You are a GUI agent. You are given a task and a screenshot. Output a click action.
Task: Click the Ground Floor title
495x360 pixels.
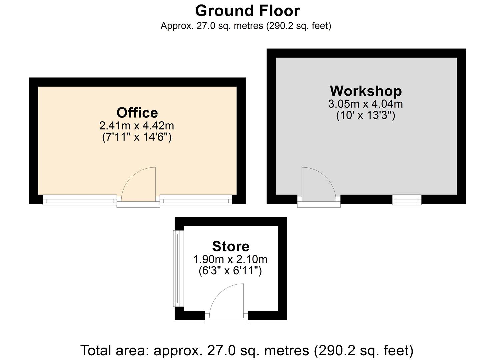coord(247,11)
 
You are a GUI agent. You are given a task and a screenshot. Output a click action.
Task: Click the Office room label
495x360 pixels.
coord(137,113)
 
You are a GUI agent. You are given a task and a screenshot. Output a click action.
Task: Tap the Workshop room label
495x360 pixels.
coord(366,91)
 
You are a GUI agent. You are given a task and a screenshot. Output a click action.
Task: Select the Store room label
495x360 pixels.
coord(230,246)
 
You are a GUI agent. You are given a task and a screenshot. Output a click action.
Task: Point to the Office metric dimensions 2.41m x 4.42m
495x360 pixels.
coord(137,126)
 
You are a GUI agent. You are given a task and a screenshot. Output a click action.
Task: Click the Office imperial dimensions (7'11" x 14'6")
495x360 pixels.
coord(137,137)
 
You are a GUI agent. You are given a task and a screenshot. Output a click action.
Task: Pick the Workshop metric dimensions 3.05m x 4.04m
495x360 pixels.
coord(365,104)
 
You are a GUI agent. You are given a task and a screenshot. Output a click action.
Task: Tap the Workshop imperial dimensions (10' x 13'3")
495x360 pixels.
coord(365,115)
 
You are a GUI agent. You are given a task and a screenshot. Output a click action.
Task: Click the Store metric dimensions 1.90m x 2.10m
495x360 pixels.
coord(230,259)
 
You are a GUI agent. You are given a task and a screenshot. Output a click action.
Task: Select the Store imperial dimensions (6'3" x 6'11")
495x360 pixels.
coord(230,270)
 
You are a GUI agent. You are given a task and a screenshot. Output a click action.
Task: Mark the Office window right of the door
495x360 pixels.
coord(196,200)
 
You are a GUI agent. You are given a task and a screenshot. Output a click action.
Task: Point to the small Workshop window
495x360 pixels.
coord(407,200)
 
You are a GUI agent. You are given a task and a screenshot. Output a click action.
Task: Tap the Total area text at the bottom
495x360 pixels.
coord(247,350)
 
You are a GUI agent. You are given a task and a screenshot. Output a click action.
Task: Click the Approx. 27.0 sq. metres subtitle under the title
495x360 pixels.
coord(246,26)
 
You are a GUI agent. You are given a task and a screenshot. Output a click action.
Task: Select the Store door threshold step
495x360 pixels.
coord(226,321)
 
